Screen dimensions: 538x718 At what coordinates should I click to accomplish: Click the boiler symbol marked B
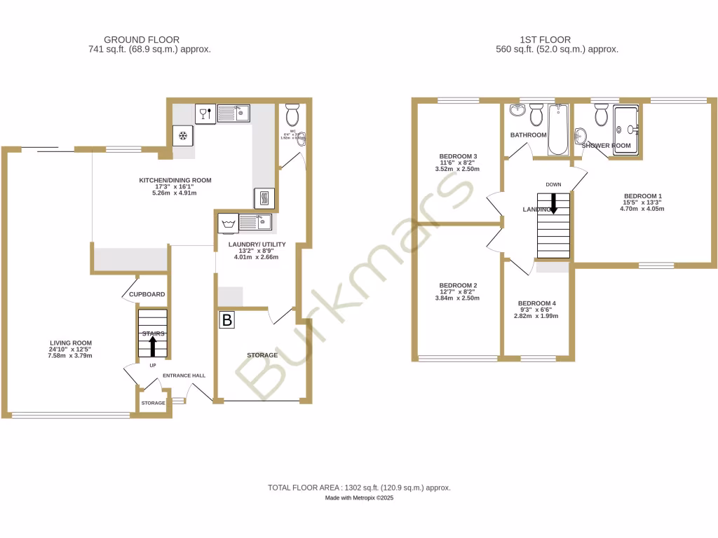pyautogui.click(x=227, y=321)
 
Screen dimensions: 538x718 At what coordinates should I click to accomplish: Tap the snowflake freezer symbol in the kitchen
pyautogui.click(x=184, y=135)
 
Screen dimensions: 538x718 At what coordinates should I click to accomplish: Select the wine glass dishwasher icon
pyautogui.click(x=205, y=113)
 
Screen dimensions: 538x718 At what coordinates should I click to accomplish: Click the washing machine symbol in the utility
pyautogui.click(x=227, y=223)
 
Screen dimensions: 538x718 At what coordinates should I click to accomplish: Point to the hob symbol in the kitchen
pyautogui.click(x=264, y=198)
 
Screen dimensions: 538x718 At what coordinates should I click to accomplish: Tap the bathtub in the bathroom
pyautogui.click(x=558, y=130)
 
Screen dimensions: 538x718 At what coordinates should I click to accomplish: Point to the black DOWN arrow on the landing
pyautogui.click(x=553, y=204)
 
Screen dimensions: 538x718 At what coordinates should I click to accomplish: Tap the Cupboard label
pyautogui.click(x=147, y=295)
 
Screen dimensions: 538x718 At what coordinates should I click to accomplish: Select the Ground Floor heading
pyautogui.click(x=142, y=40)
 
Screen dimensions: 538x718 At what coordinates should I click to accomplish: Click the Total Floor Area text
pyautogui.click(x=359, y=488)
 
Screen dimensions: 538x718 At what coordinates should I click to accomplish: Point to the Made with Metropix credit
pyautogui.click(x=359, y=498)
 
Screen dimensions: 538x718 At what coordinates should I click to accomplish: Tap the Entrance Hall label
pyautogui.click(x=184, y=376)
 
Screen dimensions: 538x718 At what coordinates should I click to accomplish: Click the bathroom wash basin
pyautogui.click(x=517, y=111)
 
